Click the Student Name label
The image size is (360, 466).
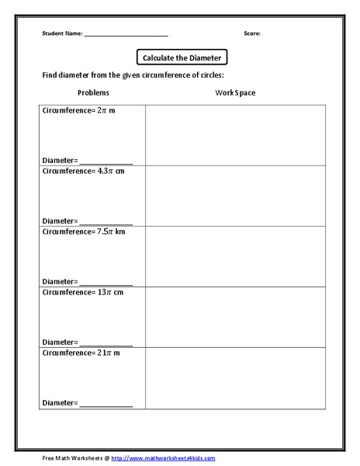[61, 34]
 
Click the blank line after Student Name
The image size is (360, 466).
[126, 35]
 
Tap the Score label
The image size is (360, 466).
[251, 34]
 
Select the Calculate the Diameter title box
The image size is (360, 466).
[181, 57]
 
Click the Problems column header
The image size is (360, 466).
[94, 93]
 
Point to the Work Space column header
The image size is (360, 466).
[235, 93]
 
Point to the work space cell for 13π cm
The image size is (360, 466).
[234, 317]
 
